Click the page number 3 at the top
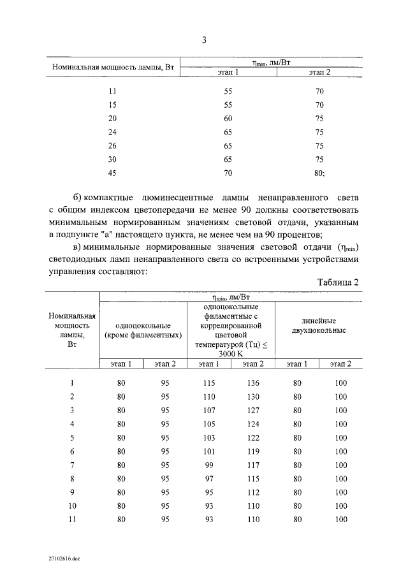click(x=204, y=40)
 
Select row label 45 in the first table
click(x=113, y=172)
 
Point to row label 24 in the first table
click(x=113, y=132)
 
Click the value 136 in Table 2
click(x=253, y=383)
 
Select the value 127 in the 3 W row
click(x=253, y=411)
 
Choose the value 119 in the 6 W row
click(x=253, y=451)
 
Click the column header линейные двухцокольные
click(x=319, y=326)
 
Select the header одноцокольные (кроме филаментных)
click(x=144, y=330)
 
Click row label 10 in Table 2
click(x=72, y=506)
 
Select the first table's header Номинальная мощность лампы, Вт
click(x=113, y=67)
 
